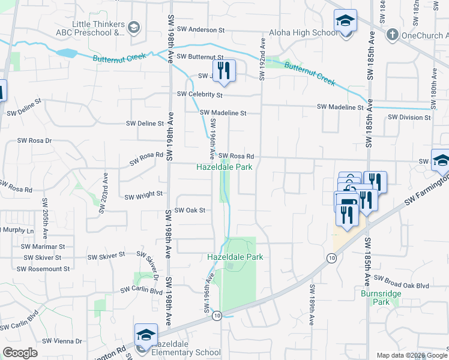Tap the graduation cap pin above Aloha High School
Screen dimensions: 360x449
click(x=345, y=22)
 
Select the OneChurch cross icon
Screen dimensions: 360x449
click(x=393, y=34)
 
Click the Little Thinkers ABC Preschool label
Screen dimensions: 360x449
click(x=98, y=28)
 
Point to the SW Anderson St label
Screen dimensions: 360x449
click(x=200, y=29)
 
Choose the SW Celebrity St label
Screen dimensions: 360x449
click(x=199, y=95)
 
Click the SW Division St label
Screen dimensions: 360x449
click(x=409, y=118)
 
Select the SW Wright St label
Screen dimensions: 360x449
click(x=143, y=194)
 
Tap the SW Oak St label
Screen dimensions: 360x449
click(x=190, y=211)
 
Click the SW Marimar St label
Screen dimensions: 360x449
click(x=43, y=247)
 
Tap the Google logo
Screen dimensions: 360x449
click(x=20, y=353)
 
